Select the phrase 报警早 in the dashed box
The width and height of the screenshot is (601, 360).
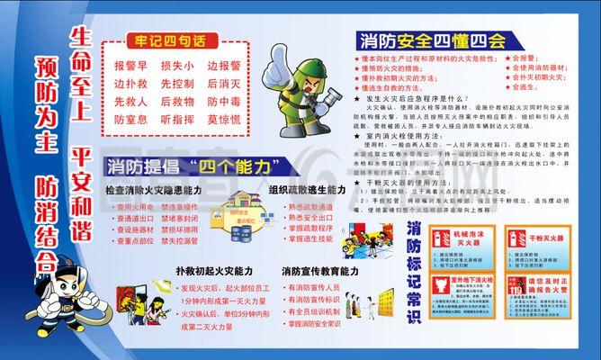(130, 67)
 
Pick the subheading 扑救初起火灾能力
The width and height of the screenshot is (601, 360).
(214, 270)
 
